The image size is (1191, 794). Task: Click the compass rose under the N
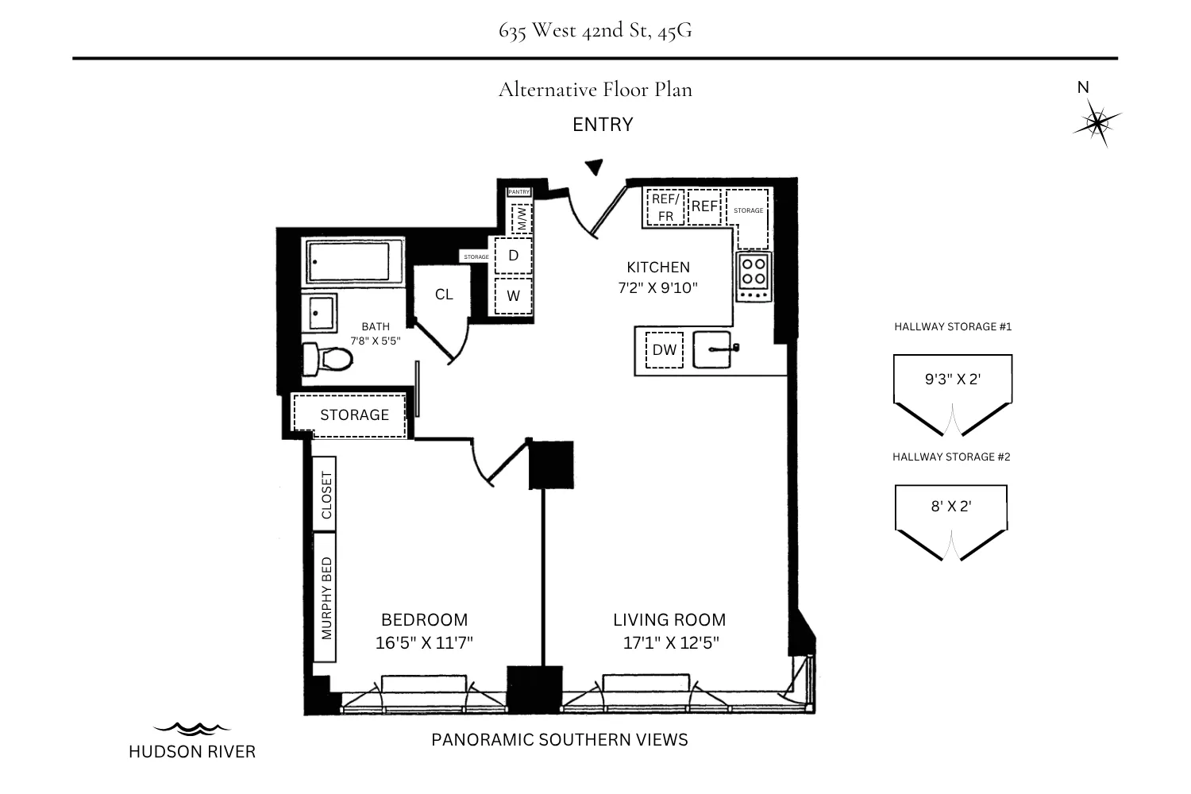1097,123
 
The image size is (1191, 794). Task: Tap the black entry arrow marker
594,167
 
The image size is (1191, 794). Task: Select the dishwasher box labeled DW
664,350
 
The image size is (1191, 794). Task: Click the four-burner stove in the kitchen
754,272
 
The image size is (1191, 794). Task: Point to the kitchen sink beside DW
713,349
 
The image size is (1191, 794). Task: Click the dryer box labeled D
513,256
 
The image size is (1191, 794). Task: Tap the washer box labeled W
513,296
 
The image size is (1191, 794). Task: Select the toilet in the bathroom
327,360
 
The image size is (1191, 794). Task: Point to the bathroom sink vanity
320,313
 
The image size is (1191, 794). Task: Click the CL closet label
444,295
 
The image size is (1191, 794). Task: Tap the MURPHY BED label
326,598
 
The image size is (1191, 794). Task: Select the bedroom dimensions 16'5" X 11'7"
424,642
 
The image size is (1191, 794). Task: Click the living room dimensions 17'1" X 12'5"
670,642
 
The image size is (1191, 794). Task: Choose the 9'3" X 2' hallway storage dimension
952,379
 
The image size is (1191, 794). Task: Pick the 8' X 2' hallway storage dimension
950,506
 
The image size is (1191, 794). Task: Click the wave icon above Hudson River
191,727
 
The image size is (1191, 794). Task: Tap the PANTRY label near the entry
519,192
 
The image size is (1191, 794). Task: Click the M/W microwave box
522,218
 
